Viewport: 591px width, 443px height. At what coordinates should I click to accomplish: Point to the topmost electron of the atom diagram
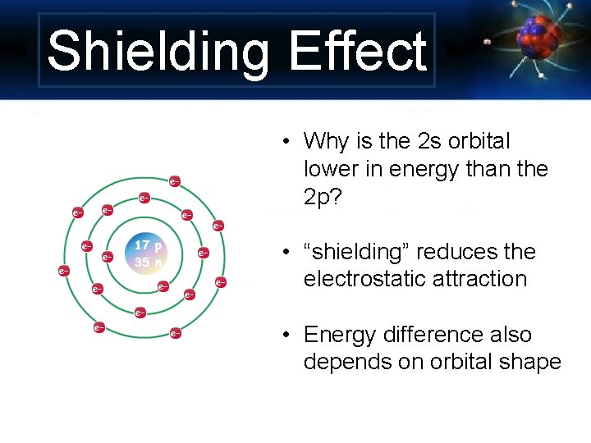click(175, 180)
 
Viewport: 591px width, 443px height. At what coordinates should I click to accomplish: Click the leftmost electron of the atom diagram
click(63, 270)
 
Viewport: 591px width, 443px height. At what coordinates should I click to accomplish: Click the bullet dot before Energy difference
click(282, 336)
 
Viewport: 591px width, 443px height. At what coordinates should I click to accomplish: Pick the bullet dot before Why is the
click(282, 143)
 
